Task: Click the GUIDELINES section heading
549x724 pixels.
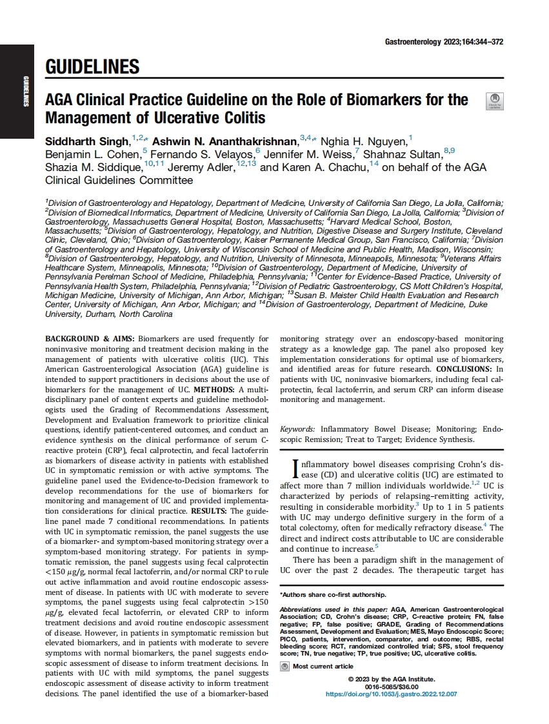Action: tap(92, 66)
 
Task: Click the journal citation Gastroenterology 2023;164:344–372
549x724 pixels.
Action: tap(444, 41)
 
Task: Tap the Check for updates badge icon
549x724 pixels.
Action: tap(494, 102)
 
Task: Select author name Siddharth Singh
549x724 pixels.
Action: tap(87, 141)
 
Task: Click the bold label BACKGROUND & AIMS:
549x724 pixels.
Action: tap(81, 338)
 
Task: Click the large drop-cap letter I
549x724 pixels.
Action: tap(286, 468)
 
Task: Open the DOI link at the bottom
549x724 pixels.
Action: tap(391, 694)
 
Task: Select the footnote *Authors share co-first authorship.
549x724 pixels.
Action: tap(333, 594)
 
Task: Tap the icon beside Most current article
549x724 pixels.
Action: tap(284, 666)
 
